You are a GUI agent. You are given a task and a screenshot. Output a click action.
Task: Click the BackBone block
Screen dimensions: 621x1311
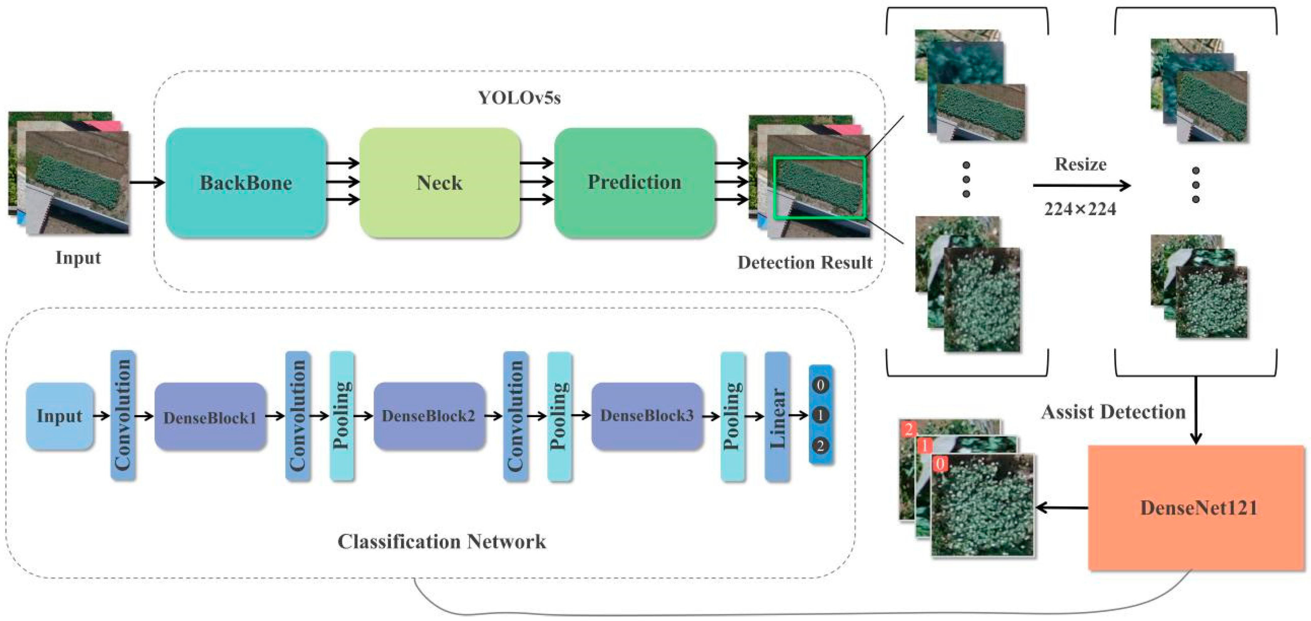click(x=246, y=183)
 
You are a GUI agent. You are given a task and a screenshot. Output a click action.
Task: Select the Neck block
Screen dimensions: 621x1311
click(x=439, y=183)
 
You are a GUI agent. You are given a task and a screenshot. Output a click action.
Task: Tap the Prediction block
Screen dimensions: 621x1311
click(x=634, y=183)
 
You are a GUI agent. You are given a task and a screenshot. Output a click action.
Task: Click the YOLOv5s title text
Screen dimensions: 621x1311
click(x=519, y=97)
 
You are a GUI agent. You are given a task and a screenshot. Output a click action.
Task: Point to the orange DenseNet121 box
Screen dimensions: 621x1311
click(x=1196, y=508)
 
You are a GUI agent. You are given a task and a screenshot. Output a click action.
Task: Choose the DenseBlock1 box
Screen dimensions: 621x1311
click(x=210, y=416)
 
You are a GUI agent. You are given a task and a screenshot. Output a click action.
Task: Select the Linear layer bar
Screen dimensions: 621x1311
click(x=777, y=416)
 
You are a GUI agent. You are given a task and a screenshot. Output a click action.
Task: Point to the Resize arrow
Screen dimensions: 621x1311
click(x=1082, y=185)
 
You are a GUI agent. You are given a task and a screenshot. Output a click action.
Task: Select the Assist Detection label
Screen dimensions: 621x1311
click(x=1113, y=412)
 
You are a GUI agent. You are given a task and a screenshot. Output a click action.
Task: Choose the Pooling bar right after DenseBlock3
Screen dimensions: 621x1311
click(x=733, y=416)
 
